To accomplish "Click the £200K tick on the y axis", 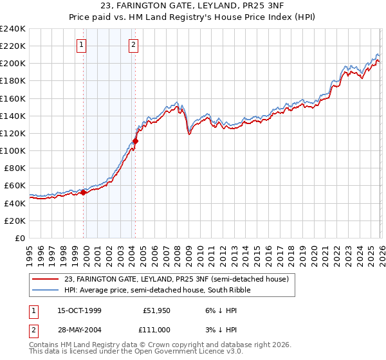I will click(x=12, y=64).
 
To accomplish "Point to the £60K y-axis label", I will click(x=14, y=186).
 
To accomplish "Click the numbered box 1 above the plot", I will click(x=82, y=45).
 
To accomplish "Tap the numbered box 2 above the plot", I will click(x=133, y=45).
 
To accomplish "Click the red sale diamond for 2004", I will click(x=136, y=141).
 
